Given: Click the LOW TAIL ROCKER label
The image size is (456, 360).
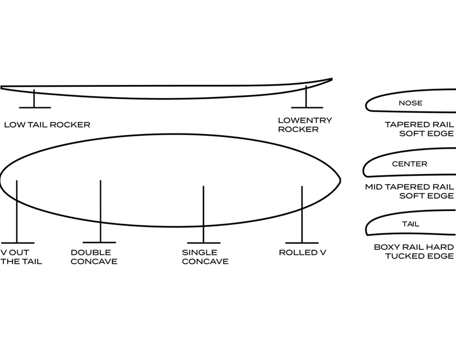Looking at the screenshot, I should coord(47,124).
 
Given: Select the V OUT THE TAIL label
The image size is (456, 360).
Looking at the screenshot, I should coord(21,257).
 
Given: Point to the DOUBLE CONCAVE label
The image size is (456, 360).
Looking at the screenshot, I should coord(94,257).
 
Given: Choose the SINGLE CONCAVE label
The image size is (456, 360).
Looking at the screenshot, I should coord(205,257).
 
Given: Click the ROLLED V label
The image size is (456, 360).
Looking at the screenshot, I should coord(302,252).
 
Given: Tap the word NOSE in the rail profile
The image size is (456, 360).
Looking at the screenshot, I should coord(410,103).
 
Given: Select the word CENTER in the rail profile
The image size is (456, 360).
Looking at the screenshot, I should coord(409,164).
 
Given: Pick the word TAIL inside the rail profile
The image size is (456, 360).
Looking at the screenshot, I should coord(410,224).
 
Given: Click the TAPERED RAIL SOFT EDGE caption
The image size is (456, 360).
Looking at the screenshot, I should coord(419,129).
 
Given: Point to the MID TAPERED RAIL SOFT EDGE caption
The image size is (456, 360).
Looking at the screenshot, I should coord(409,191).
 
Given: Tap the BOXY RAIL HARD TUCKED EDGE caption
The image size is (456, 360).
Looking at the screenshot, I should coord(414,252).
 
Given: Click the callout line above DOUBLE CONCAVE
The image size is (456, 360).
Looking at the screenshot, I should coord(100,211).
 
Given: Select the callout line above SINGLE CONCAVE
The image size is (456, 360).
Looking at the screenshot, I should coord(203,214).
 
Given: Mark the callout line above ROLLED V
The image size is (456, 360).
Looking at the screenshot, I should coord(302,214).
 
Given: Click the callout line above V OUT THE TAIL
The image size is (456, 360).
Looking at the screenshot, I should coord(17,211).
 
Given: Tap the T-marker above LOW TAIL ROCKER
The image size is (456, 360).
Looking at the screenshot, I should coord(34,100).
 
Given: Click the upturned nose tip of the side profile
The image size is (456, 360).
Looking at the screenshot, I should coord(331,79).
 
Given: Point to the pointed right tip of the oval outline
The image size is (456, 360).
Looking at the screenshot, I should coord(340,180).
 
